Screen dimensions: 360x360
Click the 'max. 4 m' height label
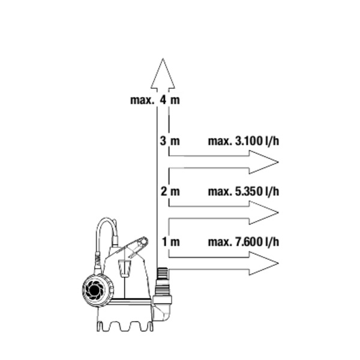click(x=155, y=100)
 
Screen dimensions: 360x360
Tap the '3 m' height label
click(x=170, y=142)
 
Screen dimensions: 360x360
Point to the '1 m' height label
click(x=170, y=242)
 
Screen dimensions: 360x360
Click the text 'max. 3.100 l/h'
click(x=243, y=142)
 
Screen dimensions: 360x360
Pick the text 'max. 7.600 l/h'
click(x=243, y=242)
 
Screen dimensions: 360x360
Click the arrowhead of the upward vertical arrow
click(x=163, y=75)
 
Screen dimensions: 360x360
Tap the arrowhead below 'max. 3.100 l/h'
click(x=263, y=162)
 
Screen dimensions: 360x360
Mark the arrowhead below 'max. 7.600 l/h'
click(x=263, y=263)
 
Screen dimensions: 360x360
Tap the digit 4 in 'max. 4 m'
click(x=163, y=100)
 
